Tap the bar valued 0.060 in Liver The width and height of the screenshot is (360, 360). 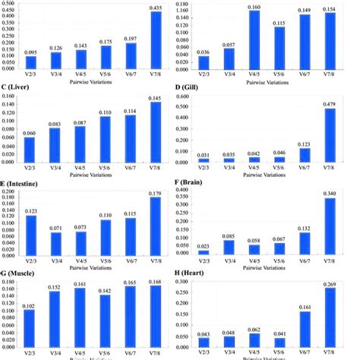30,150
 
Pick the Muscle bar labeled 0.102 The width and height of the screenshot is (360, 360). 30,328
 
